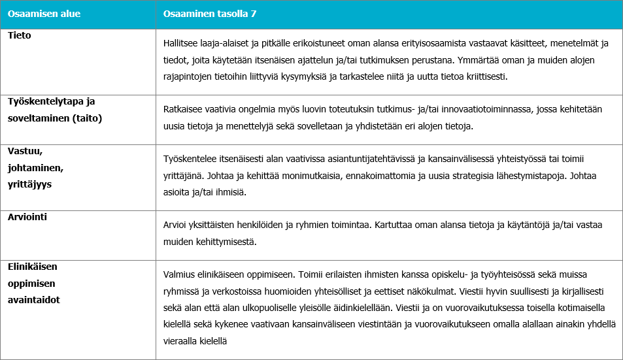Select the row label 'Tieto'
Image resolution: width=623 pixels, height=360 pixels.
pyautogui.click(x=20, y=35)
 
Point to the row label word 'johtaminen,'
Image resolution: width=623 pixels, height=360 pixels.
pyautogui.click(x=35, y=167)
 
